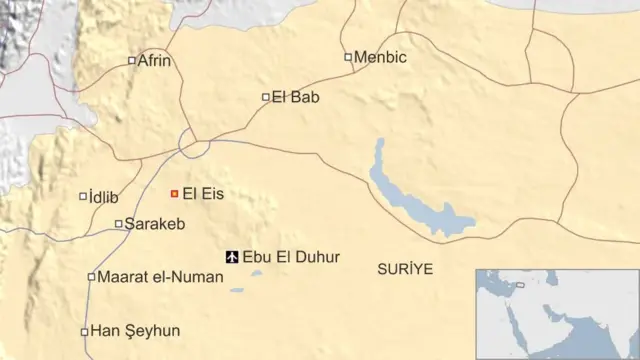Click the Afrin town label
pyautogui.click(x=155, y=61)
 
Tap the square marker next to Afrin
pyautogui.click(x=132, y=61)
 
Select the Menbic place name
pyautogui.click(x=381, y=57)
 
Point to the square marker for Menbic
pyautogui.click(x=348, y=57)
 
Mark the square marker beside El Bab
pyautogui.click(x=266, y=97)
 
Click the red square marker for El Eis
pyautogui.click(x=174, y=193)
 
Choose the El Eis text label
pyautogui.click(x=203, y=193)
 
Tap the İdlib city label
pyautogui.click(x=104, y=196)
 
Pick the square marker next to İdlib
pyautogui.click(x=83, y=196)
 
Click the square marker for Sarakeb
pyautogui.click(x=119, y=224)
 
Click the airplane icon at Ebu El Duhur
pyautogui.click(x=233, y=257)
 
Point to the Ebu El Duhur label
pyautogui.click(x=291, y=257)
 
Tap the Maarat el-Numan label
pyautogui.click(x=159, y=277)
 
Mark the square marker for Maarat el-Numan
pyautogui.click(x=91, y=277)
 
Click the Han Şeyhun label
pyautogui.click(x=136, y=331)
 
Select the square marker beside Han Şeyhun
pyautogui.click(x=84, y=331)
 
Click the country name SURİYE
pyautogui.click(x=406, y=269)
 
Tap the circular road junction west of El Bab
pyautogui.click(x=194, y=142)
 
